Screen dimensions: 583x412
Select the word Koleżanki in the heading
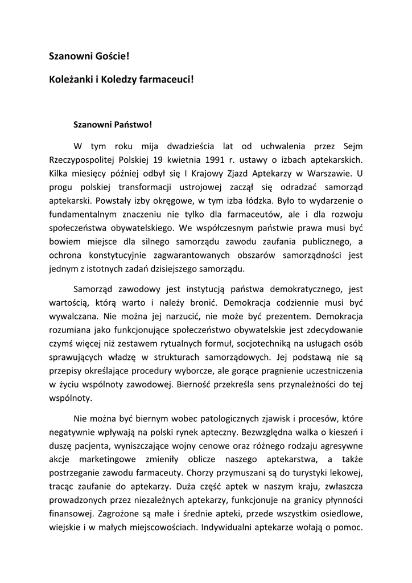(x=70, y=80)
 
